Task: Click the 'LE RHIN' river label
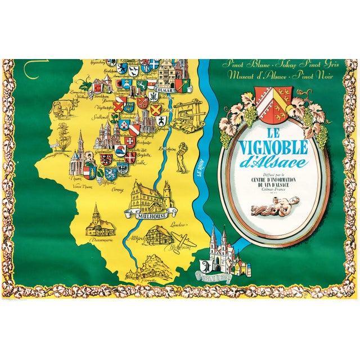coord(198,169)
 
